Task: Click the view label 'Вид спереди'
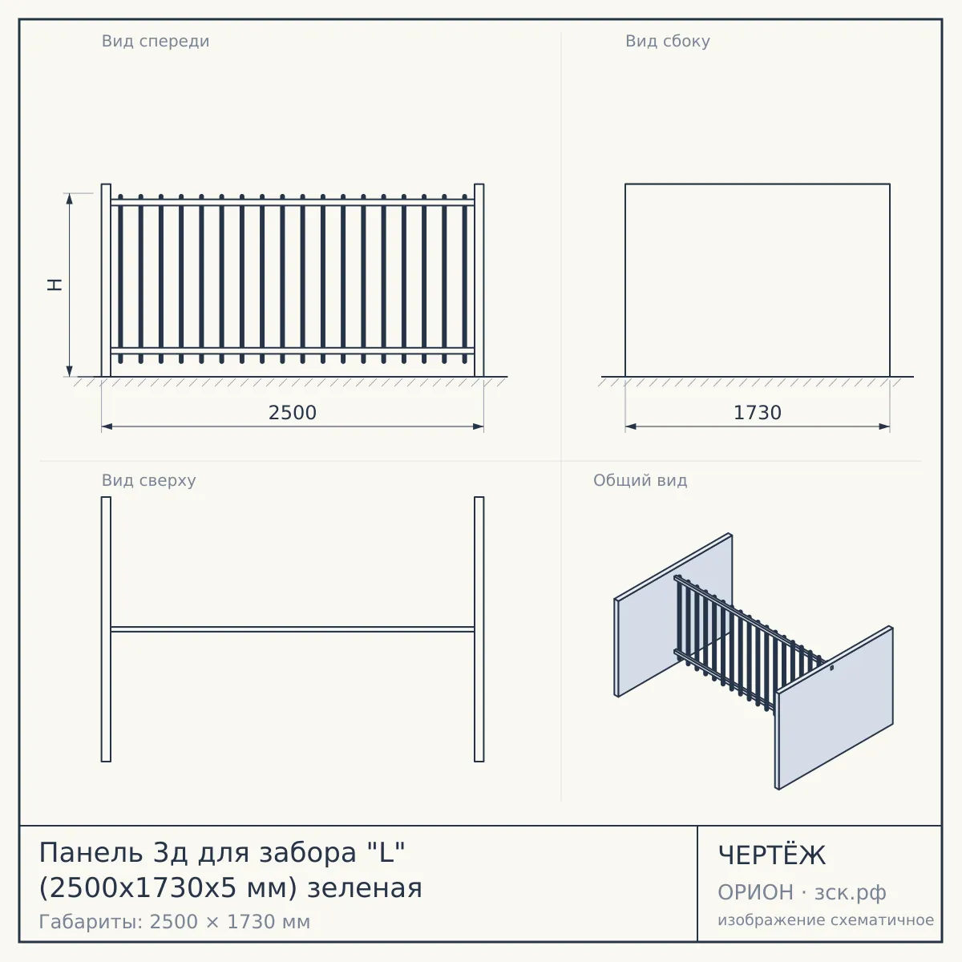click(156, 42)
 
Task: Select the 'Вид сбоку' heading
click(668, 42)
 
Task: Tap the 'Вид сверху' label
click(149, 480)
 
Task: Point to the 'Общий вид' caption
click(640, 480)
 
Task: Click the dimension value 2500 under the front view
click(293, 413)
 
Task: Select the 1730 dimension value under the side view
click(758, 413)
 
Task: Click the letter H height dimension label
click(55, 285)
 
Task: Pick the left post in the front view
click(106, 280)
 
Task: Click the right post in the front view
click(479, 280)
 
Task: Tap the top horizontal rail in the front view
click(293, 202)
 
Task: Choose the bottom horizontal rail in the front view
click(293, 350)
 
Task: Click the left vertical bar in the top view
click(106, 629)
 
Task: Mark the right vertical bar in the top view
click(479, 629)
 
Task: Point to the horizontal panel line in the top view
click(293, 629)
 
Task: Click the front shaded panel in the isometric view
click(835, 708)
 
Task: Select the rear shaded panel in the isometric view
click(673, 615)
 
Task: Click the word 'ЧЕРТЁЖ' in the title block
click(772, 855)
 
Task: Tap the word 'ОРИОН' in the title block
click(755, 892)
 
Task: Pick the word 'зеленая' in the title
click(365, 889)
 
